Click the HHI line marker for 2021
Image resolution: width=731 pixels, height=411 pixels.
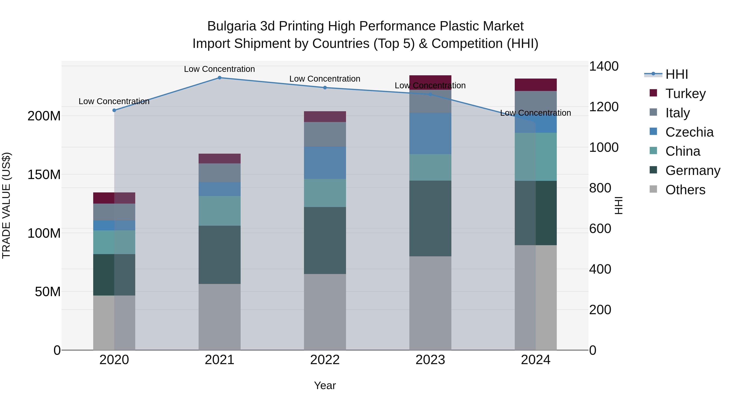(219, 78)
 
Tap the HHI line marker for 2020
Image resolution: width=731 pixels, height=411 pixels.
(114, 110)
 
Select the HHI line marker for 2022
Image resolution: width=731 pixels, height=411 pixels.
(325, 88)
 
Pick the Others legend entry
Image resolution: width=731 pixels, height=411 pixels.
(685, 190)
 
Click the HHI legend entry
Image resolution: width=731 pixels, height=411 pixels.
(677, 74)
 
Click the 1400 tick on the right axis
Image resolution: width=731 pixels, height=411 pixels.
(604, 66)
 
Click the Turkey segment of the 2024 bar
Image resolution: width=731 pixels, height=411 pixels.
(535, 85)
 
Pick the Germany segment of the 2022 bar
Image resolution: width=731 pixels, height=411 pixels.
(325, 240)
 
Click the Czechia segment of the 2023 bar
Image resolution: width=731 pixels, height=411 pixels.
(430, 133)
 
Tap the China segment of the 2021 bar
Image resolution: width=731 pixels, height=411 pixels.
(219, 211)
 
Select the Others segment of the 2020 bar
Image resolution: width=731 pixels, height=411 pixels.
(114, 323)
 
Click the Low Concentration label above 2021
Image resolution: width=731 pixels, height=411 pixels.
(219, 69)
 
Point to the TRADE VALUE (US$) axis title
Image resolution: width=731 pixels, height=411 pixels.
(6, 205)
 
